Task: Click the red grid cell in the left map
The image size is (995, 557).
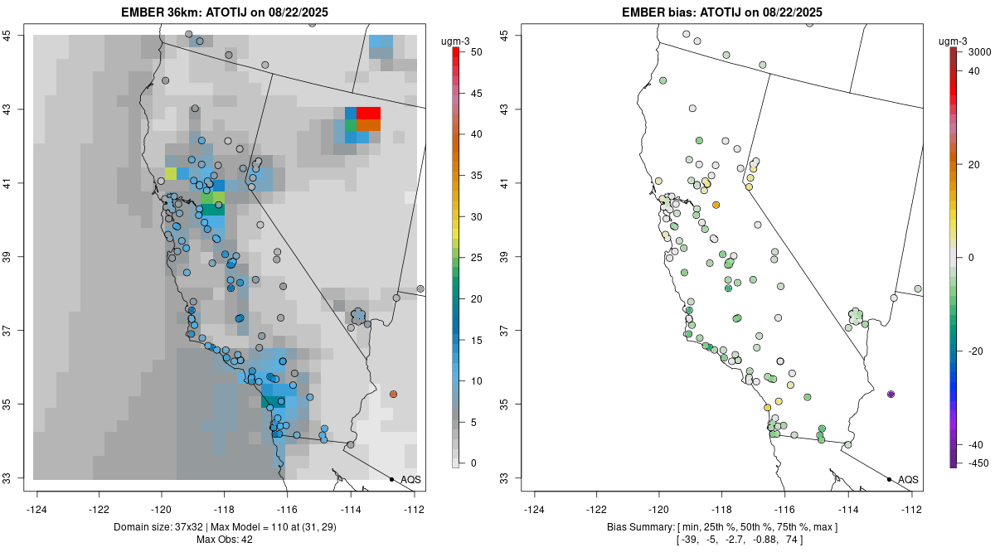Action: pos(369,113)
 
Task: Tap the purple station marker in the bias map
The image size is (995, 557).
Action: pos(891,394)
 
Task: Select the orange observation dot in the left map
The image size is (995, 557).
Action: pos(393,394)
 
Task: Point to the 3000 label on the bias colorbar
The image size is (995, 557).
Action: pos(980,51)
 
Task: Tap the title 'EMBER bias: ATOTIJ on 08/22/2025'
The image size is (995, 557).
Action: pos(722,12)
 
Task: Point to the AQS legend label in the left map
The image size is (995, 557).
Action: pos(410,480)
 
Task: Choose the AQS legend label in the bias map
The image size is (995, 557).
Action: pos(908,480)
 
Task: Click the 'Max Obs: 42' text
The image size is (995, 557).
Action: pos(225,540)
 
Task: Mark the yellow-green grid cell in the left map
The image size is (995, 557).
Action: pos(171,173)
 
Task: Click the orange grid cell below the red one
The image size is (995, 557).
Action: pos(369,125)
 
